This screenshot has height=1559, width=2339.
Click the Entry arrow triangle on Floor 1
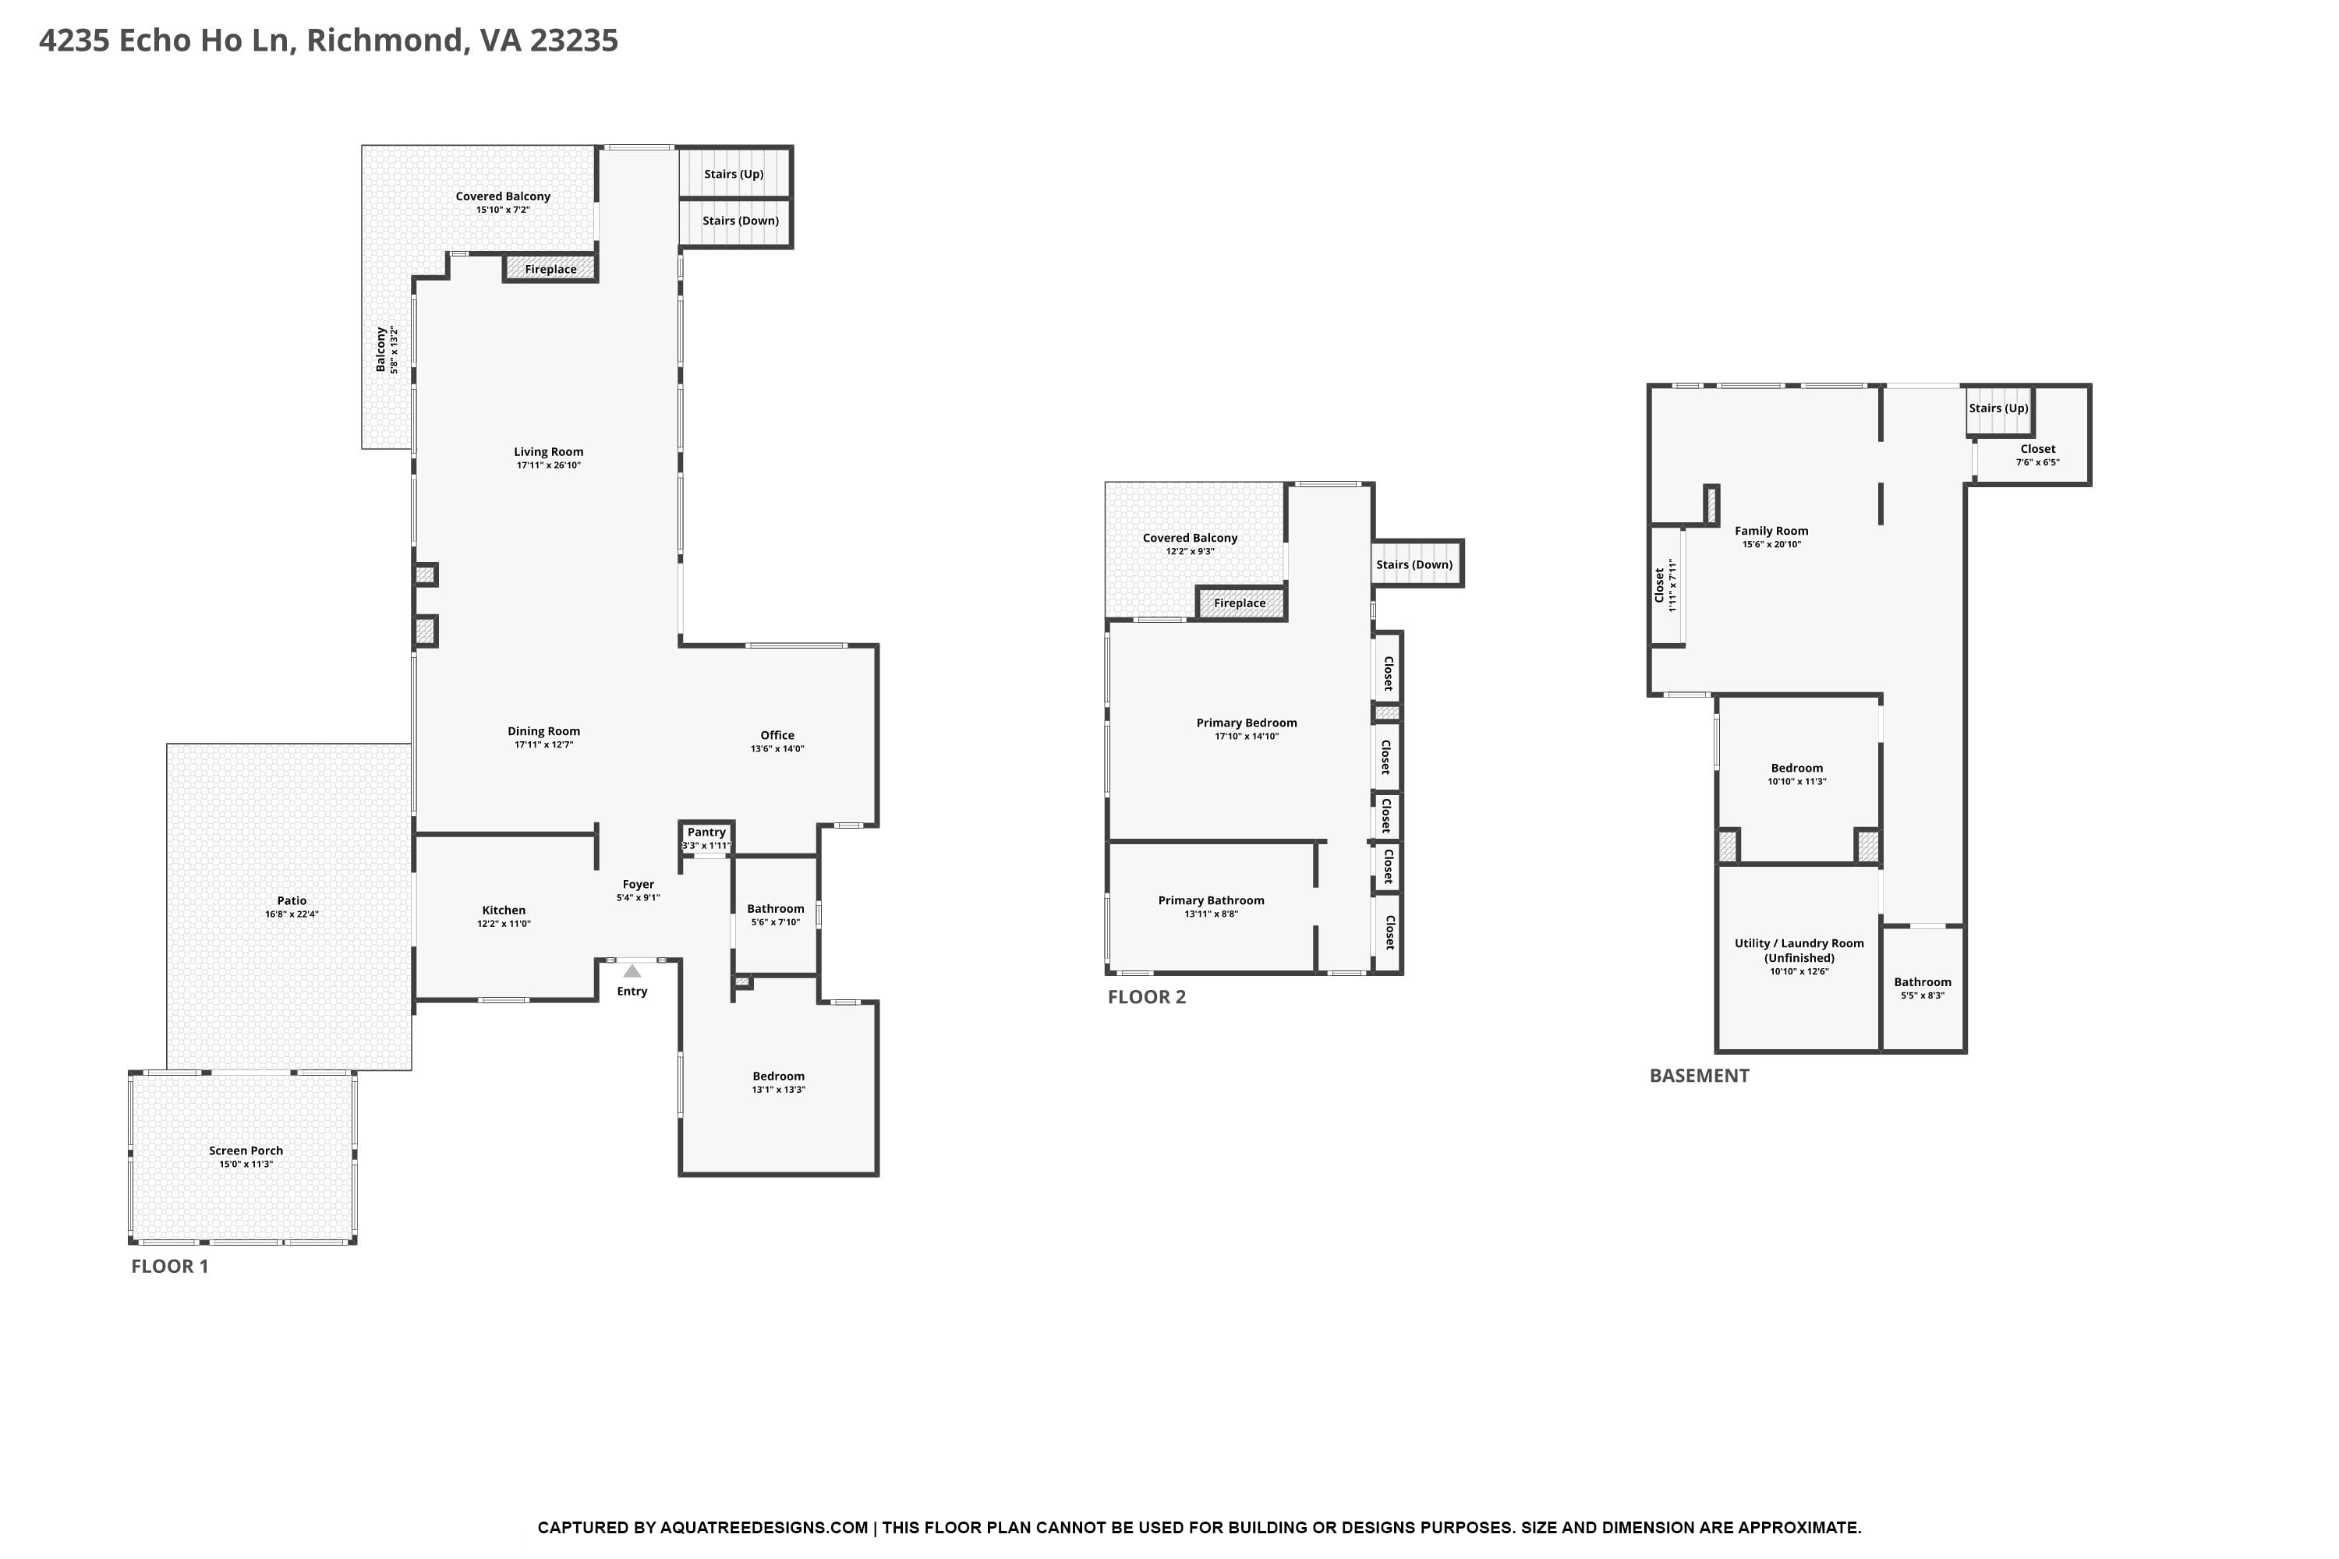(632, 970)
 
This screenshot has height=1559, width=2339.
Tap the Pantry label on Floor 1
(706, 833)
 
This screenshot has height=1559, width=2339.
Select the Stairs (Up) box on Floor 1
(735, 174)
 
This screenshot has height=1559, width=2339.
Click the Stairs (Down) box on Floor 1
(735, 221)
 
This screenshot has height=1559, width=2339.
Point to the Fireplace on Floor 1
(550, 268)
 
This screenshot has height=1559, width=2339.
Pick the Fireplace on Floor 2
(1241, 603)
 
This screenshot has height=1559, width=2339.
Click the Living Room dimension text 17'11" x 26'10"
(549, 465)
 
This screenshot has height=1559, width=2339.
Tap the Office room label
(777, 736)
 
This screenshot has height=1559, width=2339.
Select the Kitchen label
(504, 910)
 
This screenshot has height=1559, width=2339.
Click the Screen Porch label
(246, 1151)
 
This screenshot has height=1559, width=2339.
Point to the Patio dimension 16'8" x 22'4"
(292, 914)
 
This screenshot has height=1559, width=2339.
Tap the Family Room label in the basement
(1771, 531)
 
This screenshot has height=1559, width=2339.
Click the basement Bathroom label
(1923, 982)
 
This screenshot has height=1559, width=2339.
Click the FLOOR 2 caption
(1147, 997)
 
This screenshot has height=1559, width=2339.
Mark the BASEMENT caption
(1699, 1076)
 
